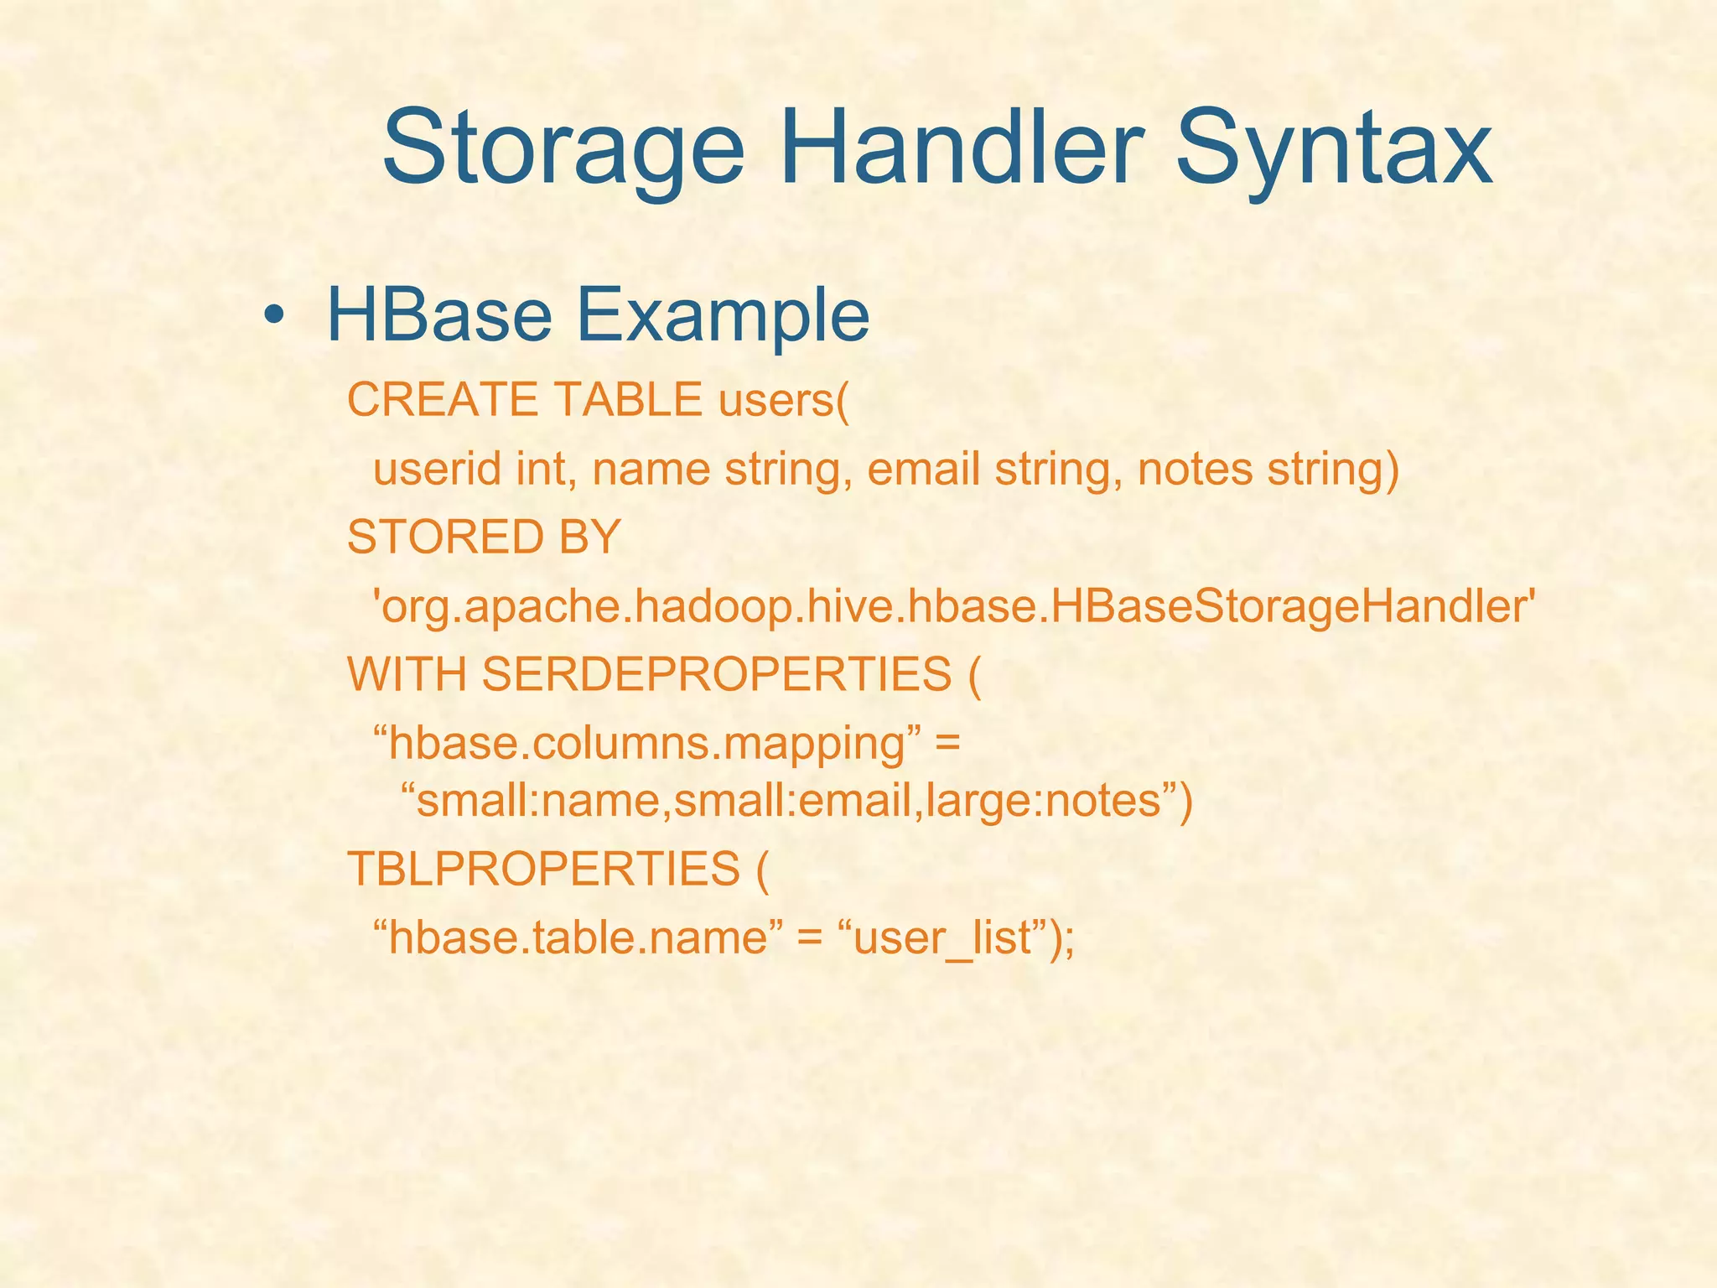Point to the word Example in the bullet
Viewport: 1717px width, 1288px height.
click(x=722, y=317)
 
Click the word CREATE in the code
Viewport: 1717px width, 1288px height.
click(x=441, y=400)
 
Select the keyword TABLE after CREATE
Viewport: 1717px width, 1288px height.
click(x=628, y=400)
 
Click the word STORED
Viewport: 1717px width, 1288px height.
click(x=445, y=537)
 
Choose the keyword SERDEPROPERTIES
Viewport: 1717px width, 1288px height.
click(x=717, y=673)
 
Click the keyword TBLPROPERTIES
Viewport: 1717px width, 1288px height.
click(x=544, y=869)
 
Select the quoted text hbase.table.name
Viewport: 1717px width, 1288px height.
click(x=578, y=937)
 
